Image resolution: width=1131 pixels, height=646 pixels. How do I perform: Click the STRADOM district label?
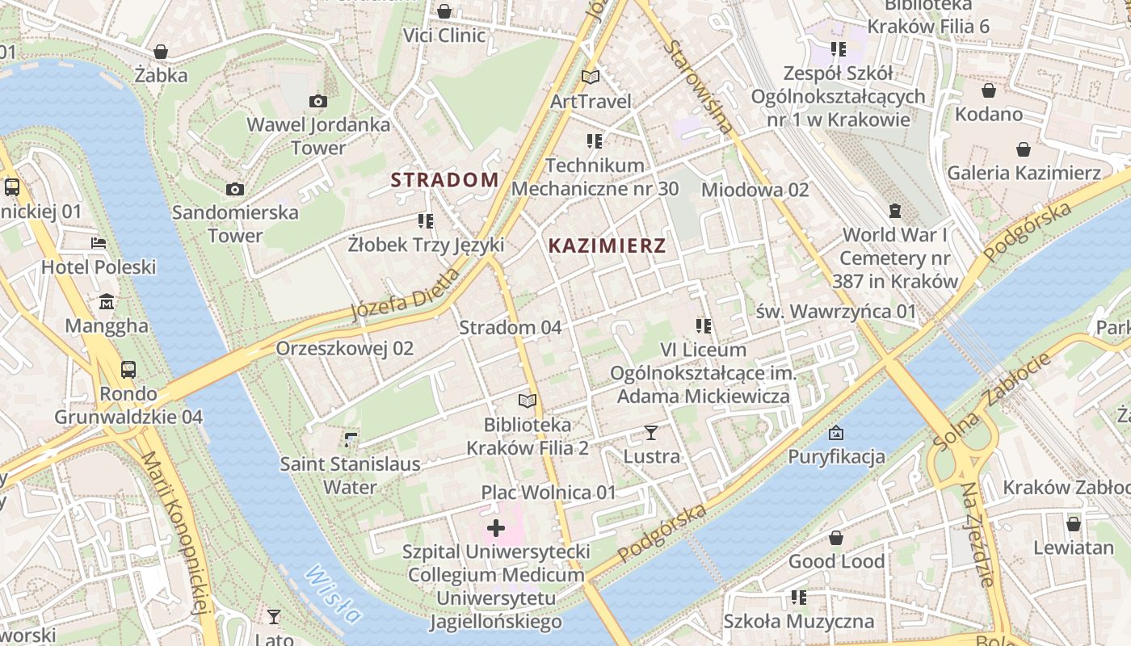coord(444,179)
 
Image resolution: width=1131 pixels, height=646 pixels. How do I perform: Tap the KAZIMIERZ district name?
coord(607,246)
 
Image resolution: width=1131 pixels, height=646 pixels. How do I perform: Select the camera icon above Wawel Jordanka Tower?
coord(318,101)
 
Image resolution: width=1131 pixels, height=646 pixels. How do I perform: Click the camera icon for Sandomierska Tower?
coord(235,189)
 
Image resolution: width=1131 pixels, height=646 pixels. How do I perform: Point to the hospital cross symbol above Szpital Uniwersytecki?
coord(496,529)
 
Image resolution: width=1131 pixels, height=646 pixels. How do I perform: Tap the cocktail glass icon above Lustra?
coord(651,433)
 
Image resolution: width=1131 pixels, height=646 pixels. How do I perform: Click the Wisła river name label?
coord(333,594)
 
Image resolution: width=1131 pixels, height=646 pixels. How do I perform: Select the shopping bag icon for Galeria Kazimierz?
coord(1024,149)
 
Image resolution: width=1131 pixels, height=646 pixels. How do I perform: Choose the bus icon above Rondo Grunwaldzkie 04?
coord(128,370)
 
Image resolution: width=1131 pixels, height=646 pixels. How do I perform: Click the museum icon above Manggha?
coord(107,302)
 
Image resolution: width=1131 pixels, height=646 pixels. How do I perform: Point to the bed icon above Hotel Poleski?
coord(99,242)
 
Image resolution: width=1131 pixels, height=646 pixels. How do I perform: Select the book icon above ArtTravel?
coord(591,78)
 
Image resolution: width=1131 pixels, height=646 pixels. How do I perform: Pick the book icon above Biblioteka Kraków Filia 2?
coord(528,401)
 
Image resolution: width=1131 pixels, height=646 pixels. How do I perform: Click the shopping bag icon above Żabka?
coord(161,52)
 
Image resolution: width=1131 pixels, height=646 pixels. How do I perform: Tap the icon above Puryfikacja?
coord(836,433)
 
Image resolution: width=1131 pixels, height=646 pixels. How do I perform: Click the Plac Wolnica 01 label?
coord(549,492)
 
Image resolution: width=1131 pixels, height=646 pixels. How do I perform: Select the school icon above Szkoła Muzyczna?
coord(799,598)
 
